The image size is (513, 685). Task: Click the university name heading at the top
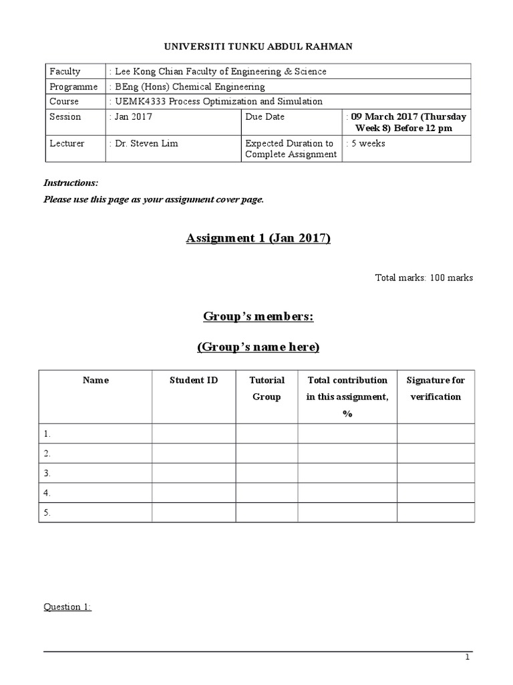pos(259,46)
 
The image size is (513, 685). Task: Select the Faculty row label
pos(65,72)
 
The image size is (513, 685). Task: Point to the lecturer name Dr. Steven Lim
pos(146,144)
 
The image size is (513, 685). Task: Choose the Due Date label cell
pos(265,117)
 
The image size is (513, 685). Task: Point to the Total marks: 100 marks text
pos(424,278)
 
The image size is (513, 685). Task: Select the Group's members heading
pos(259,317)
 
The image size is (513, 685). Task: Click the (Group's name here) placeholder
pos(259,347)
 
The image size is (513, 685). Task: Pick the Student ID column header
pos(194,381)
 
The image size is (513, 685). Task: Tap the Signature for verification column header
pos(436,389)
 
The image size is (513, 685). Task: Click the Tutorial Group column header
pos(267,389)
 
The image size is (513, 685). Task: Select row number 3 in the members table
pos(47,473)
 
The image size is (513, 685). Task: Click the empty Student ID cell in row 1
pos(194,433)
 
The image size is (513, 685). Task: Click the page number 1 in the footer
pos(468,658)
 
